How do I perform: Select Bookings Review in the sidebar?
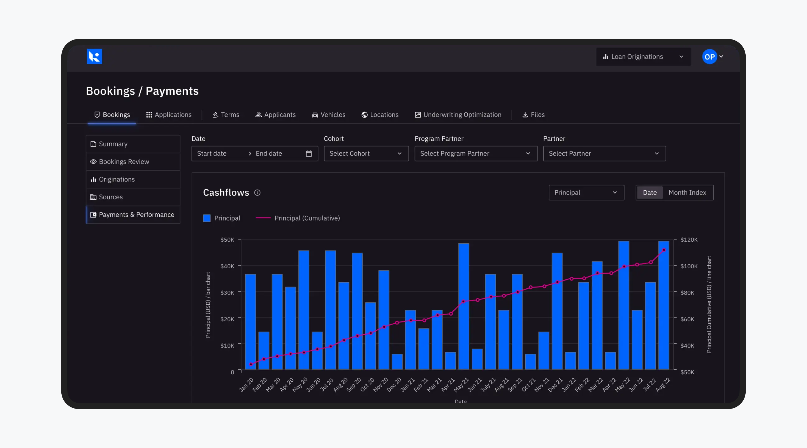click(x=124, y=162)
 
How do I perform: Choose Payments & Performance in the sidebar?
click(x=136, y=214)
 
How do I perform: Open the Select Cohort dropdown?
click(x=366, y=153)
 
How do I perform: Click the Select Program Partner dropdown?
click(x=475, y=153)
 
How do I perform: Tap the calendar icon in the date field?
click(x=309, y=153)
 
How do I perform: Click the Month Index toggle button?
click(x=687, y=193)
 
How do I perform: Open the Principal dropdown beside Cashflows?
click(x=586, y=193)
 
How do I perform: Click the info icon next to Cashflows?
click(x=257, y=193)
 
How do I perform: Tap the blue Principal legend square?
click(x=207, y=218)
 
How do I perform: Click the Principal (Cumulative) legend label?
click(x=307, y=218)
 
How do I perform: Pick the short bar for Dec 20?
click(x=397, y=361)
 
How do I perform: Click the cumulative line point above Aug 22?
click(x=664, y=250)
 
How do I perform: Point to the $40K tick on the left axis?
click(x=228, y=266)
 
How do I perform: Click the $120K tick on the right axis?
click(x=688, y=240)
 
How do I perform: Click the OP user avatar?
click(x=709, y=57)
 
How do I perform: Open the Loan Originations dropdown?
click(x=643, y=57)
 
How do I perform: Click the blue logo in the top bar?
click(x=94, y=57)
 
